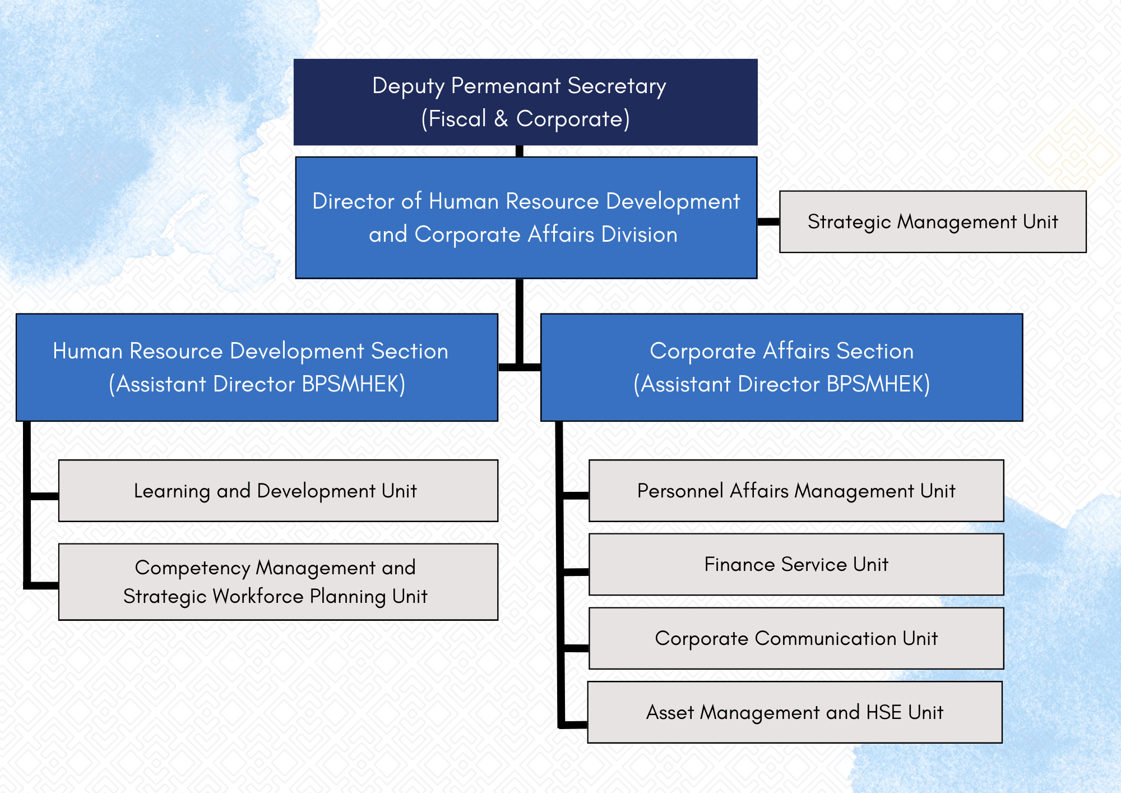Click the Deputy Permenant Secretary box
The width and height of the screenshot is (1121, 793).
[x=525, y=102]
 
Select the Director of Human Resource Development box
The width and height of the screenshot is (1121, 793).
[x=526, y=218]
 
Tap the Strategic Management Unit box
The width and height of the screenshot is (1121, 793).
[x=933, y=222]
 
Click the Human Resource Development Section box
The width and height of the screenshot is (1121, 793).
[x=257, y=367]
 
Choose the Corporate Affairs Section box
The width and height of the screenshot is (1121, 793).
[x=781, y=367]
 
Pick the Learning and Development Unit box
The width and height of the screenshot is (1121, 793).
[x=278, y=491]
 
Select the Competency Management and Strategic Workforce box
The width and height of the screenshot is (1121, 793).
[x=278, y=582]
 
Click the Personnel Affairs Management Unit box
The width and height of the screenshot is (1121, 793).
[x=796, y=491]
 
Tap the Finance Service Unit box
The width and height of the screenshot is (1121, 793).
[x=796, y=564]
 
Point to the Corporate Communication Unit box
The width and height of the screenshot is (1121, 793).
[x=796, y=638]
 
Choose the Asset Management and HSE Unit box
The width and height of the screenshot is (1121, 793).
[x=795, y=712]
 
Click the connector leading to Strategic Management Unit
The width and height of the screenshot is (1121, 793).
[x=768, y=222]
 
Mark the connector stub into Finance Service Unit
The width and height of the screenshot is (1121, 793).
[x=576, y=572]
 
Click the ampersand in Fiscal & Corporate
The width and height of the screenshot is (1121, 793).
[x=501, y=119]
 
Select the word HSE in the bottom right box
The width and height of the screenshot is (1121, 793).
[x=884, y=712]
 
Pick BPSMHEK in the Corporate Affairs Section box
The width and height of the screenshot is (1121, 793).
[x=874, y=384]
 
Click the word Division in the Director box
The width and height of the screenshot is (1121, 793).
[x=639, y=234]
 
